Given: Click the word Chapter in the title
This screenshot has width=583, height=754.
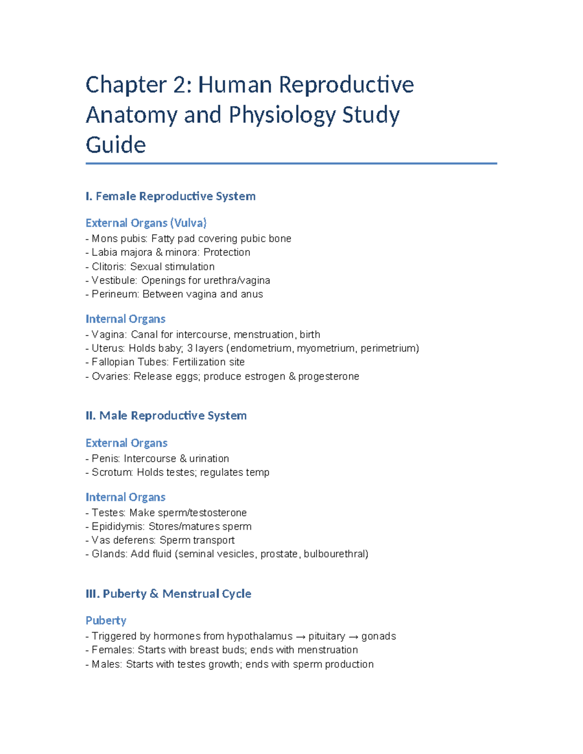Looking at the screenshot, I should tap(126, 85).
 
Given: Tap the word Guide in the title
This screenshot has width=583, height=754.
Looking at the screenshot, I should tap(116, 145).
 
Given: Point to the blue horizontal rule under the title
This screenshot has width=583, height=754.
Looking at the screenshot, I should tap(291, 164).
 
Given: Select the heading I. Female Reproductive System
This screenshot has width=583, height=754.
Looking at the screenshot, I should tap(171, 196).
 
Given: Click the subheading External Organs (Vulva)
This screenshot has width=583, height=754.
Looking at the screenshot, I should tap(146, 223).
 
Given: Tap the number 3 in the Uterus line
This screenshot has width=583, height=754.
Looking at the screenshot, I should tap(190, 348).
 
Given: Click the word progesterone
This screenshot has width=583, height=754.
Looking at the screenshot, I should tap(328, 376).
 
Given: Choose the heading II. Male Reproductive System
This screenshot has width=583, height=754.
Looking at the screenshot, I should tap(166, 416).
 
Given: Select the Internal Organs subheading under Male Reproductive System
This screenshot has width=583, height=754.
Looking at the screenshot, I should tap(125, 497).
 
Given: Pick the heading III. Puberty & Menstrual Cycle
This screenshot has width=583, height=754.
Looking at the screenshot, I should tap(168, 594).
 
